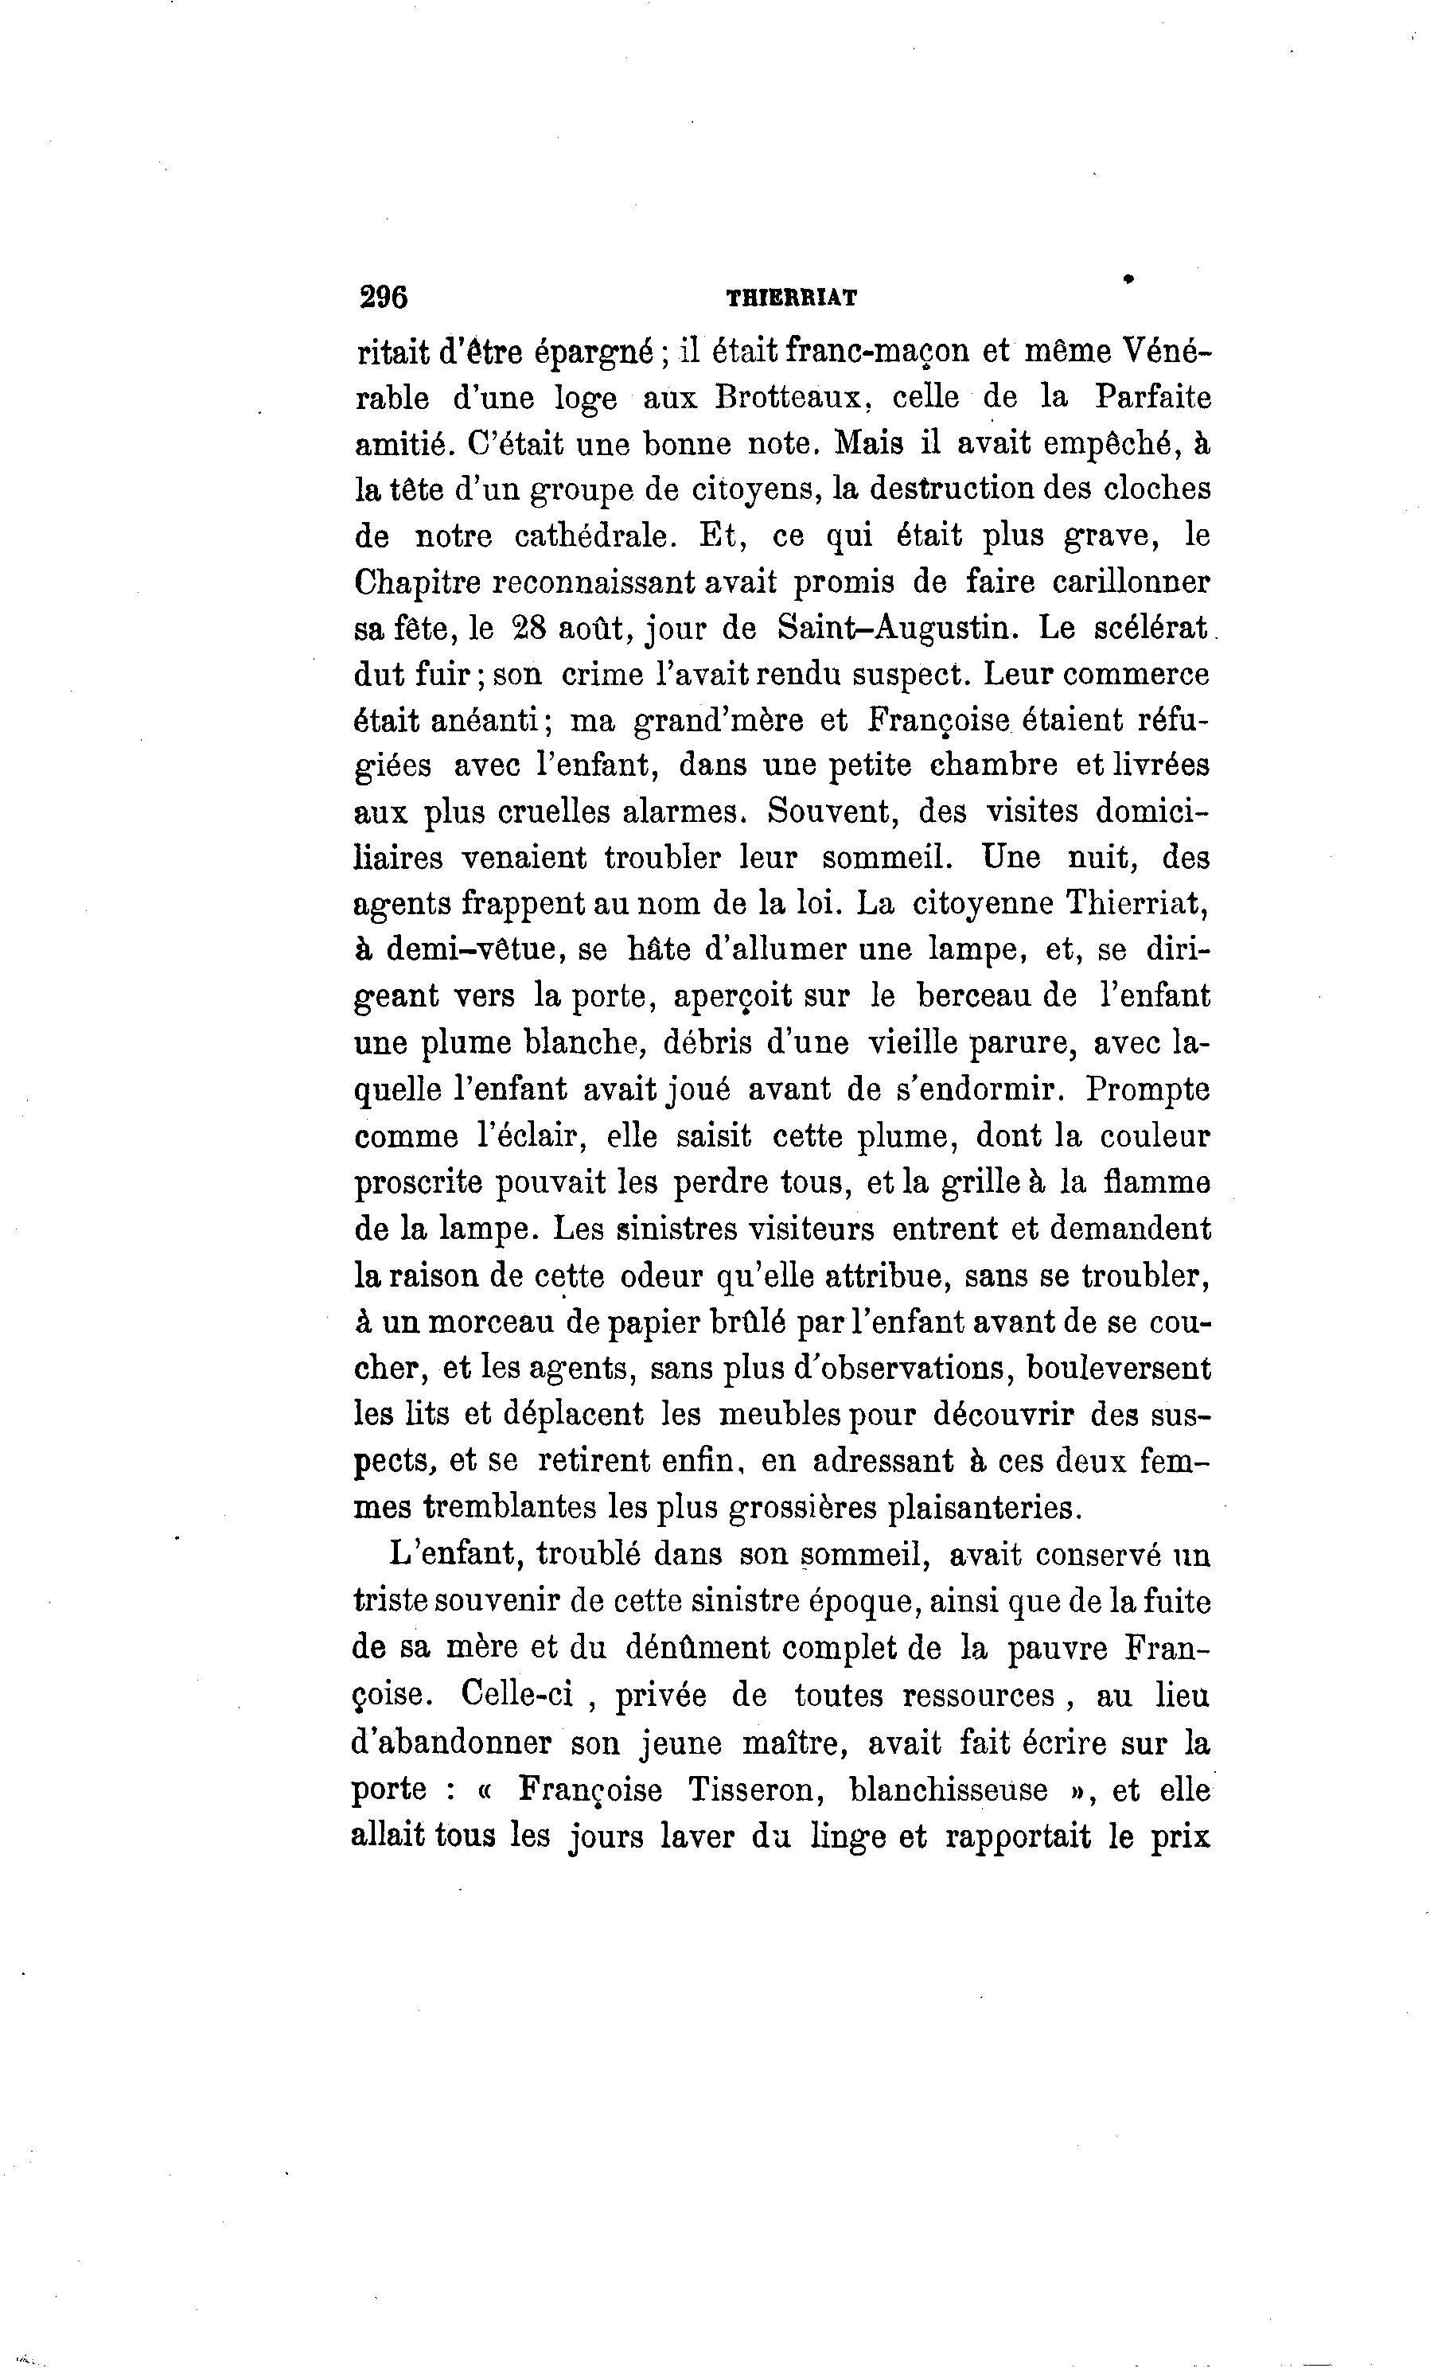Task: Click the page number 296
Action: [384, 297]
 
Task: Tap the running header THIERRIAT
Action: [792, 299]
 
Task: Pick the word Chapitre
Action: [417, 582]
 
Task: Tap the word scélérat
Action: [1153, 629]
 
